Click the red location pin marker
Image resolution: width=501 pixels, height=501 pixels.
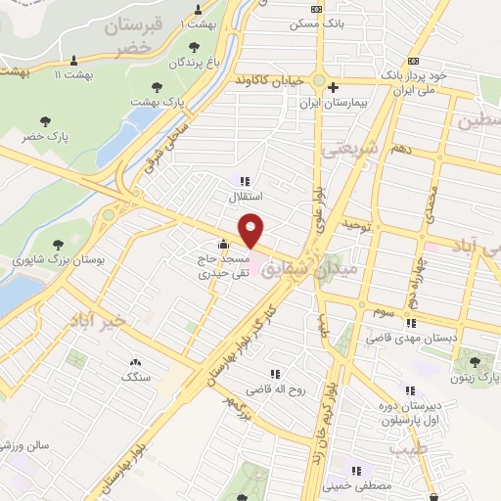coord(252,230)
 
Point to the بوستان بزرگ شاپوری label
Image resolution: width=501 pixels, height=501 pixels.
coord(55,260)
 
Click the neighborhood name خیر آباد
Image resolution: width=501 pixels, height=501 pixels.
coord(99,320)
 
